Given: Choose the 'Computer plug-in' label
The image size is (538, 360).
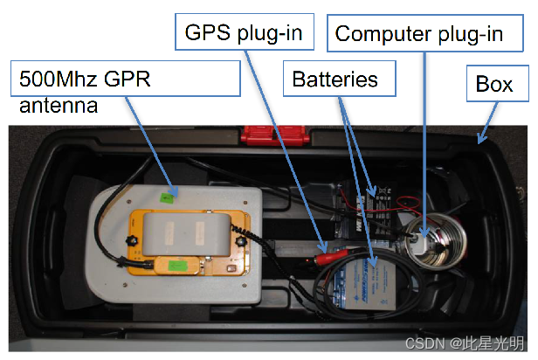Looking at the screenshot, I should [x=418, y=34].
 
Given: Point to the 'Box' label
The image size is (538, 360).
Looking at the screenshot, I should [x=494, y=85].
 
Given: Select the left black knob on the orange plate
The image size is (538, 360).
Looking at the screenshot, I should [x=132, y=239].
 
